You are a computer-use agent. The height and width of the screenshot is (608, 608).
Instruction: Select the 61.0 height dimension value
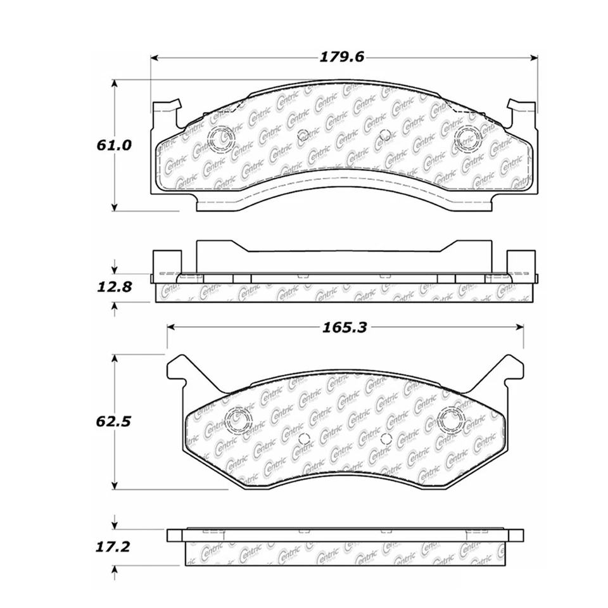pos(114,145)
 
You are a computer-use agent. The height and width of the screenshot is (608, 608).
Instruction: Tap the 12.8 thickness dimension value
pos(114,286)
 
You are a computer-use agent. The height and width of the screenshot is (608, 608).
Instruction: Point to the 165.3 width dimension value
pos(345,327)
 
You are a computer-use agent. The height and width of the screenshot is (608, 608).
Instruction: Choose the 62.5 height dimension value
pos(114,421)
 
